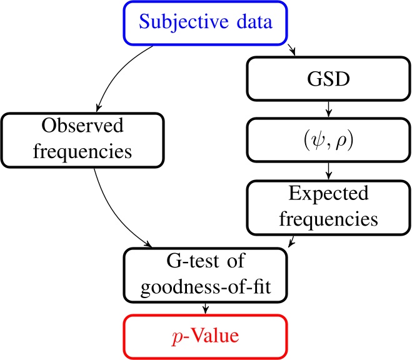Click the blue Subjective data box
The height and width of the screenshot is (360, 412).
click(206, 24)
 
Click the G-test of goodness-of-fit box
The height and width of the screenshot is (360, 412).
click(206, 271)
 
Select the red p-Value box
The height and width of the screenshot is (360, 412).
click(206, 336)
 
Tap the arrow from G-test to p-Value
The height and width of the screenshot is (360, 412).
click(206, 304)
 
